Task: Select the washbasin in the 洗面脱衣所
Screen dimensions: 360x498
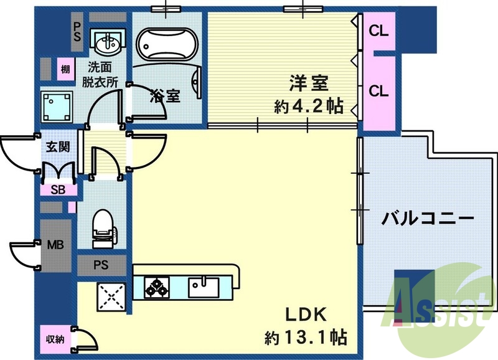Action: pyautogui.click(x=108, y=43)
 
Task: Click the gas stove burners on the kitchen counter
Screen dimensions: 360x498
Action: pyautogui.click(x=156, y=287)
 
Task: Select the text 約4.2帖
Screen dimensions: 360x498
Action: pyautogui.click(x=309, y=106)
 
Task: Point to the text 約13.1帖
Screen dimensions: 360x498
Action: pyautogui.click(x=306, y=338)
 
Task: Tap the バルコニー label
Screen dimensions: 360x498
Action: pyautogui.click(x=428, y=219)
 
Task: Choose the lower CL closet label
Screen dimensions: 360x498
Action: pyautogui.click(x=378, y=91)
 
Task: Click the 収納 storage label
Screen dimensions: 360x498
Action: pyautogui.click(x=55, y=339)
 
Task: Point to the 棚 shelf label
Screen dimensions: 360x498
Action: pyautogui.click(x=65, y=69)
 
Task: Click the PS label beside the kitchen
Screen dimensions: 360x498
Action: pyautogui.click(x=101, y=265)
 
